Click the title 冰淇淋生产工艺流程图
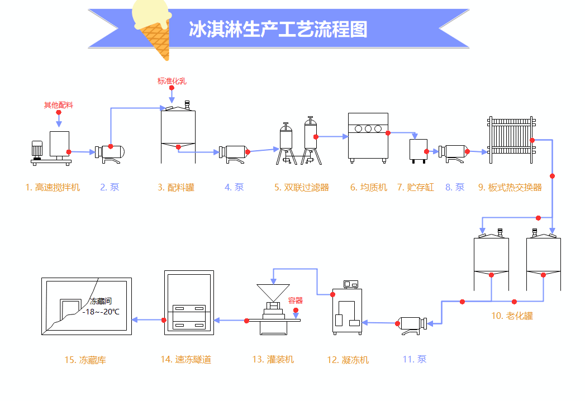[x=278, y=29]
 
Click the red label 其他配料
[x=59, y=105]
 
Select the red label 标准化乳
[x=172, y=81]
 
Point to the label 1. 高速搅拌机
[x=53, y=188]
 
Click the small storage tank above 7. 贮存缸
[x=418, y=150]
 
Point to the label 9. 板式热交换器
[x=510, y=188]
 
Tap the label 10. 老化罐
[x=512, y=316]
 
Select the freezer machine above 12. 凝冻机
[x=346, y=310]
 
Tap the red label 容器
[x=295, y=300]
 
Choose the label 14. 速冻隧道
[x=186, y=360]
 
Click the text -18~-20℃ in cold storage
[x=101, y=312]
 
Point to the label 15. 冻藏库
[x=85, y=360]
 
